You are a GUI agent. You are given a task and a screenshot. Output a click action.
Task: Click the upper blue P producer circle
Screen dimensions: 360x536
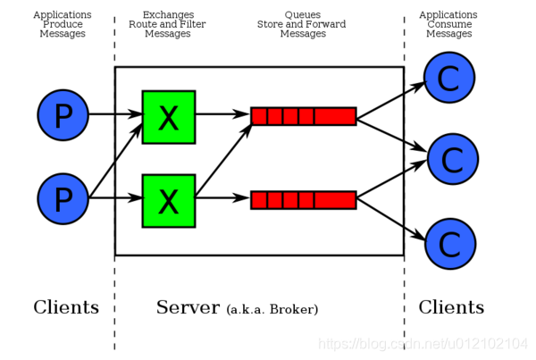[63, 115]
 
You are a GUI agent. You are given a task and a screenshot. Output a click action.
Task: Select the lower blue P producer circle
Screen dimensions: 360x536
[63, 198]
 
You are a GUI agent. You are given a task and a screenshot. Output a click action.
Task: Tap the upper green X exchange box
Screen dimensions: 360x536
[168, 116]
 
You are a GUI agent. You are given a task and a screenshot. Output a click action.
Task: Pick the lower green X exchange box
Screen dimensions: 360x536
[168, 200]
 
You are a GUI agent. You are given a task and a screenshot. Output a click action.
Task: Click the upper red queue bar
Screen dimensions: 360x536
[303, 116]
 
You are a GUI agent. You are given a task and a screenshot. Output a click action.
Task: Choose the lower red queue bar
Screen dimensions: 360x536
[303, 200]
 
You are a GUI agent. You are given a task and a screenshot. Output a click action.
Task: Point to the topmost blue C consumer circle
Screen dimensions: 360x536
[449, 78]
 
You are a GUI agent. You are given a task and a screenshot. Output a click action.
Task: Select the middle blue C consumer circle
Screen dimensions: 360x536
[453, 159]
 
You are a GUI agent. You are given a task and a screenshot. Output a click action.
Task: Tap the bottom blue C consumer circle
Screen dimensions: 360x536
[449, 243]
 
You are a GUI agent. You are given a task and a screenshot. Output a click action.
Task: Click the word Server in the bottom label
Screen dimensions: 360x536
[188, 308]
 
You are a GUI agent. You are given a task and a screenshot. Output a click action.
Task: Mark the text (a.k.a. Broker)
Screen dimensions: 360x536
[272, 310]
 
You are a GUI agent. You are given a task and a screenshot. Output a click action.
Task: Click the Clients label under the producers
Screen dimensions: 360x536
[66, 308]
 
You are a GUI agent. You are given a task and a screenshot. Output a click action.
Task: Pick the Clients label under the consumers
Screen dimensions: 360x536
[451, 308]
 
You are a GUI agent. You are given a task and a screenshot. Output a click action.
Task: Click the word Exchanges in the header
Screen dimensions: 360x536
[167, 15]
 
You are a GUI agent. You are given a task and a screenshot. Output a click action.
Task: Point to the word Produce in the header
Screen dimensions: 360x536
[63, 24]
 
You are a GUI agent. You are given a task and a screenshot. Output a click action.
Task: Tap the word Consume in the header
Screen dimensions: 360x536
[448, 24]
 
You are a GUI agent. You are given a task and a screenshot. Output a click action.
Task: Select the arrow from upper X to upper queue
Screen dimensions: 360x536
[222, 115]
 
